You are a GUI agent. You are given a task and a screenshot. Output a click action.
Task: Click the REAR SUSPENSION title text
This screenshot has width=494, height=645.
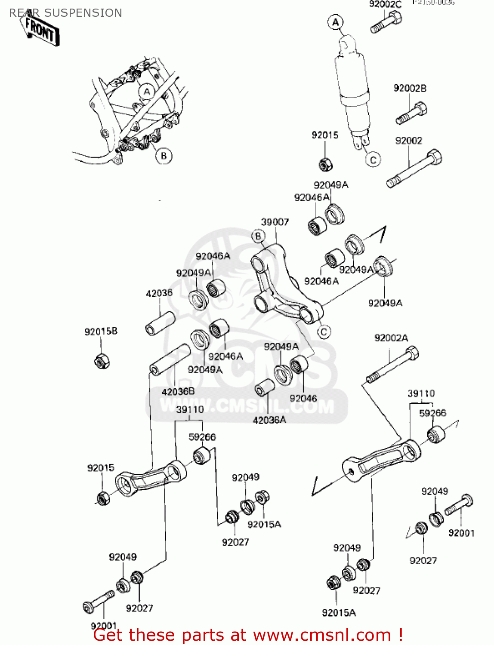tap(65, 13)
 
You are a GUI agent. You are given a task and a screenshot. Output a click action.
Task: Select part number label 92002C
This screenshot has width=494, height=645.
tap(385, 5)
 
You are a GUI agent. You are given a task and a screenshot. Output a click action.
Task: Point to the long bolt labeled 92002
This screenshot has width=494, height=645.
tap(414, 169)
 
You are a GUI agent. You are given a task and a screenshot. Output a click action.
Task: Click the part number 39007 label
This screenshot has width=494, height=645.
tap(275, 222)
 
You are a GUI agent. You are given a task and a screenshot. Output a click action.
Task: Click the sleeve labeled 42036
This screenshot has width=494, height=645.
tap(160, 323)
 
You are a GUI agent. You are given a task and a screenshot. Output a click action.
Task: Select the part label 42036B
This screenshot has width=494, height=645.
tap(178, 391)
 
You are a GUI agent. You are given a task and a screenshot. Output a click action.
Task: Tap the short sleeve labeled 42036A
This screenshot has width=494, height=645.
tap(265, 387)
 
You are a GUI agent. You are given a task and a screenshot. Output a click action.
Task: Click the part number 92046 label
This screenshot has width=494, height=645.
tap(303, 399)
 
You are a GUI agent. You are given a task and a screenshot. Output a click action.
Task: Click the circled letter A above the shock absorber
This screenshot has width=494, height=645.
tap(336, 22)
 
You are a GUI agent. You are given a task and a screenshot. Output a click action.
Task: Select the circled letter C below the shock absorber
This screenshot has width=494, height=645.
tap(373, 160)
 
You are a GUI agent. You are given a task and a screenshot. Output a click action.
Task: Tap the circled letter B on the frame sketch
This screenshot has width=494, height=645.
tap(164, 156)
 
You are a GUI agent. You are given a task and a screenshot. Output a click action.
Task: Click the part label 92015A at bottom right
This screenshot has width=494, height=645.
tap(339, 613)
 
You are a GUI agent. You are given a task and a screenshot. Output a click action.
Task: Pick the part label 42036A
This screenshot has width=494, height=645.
tap(269, 420)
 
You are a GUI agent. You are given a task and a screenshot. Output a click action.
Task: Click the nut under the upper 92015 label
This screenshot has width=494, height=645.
tap(325, 164)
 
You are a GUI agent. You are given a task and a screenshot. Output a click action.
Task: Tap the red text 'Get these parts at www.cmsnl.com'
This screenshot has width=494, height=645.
tap(248, 635)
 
